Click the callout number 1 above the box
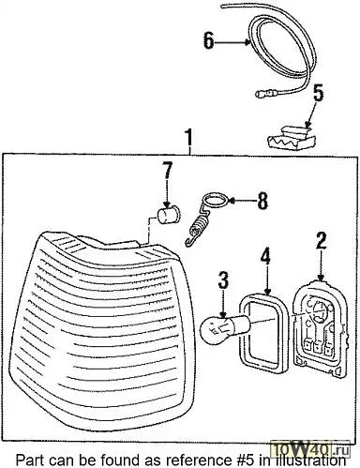coord(188,138)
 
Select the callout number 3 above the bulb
coord(223,280)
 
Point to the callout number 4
coord(265,256)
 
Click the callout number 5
coord(318,93)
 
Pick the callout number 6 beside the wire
coord(209,40)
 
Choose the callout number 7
coord(167,171)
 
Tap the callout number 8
coord(262,201)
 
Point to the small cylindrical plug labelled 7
coord(169,215)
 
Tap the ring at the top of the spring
coord(216,200)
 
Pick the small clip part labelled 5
coord(292,138)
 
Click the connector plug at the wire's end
coord(265,93)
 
